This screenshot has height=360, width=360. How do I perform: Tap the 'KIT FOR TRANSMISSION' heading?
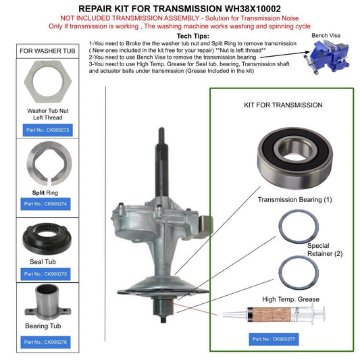pyautogui.click(x=282, y=105)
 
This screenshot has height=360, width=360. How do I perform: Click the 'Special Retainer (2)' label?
pyautogui.click(x=322, y=249)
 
